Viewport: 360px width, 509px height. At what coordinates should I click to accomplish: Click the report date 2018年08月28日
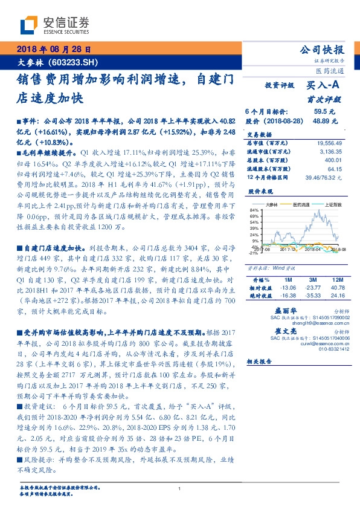click(53, 50)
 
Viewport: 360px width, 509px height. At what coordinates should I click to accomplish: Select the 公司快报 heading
click(324, 50)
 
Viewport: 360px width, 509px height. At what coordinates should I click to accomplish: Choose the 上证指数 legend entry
click(332, 205)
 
